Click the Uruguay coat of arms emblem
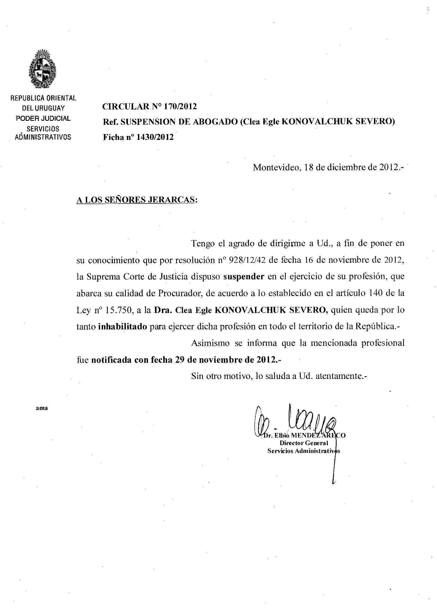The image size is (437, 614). pyautogui.click(x=43, y=69)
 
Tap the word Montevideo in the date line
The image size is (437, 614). pyautogui.click(x=276, y=167)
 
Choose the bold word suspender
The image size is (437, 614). pyautogui.click(x=244, y=277)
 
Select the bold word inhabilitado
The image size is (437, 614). pyautogui.click(x=123, y=327)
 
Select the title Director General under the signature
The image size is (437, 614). pyautogui.click(x=304, y=443)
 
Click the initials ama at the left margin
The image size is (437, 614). pyautogui.click(x=42, y=408)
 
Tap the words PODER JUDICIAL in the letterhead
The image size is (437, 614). pyautogui.click(x=43, y=118)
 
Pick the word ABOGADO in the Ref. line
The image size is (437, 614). pyautogui.click(x=215, y=122)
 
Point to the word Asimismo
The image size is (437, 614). pyautogui.click(x=210, y=343)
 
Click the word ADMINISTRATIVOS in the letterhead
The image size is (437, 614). pyautogui.click(x=43, y=137)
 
